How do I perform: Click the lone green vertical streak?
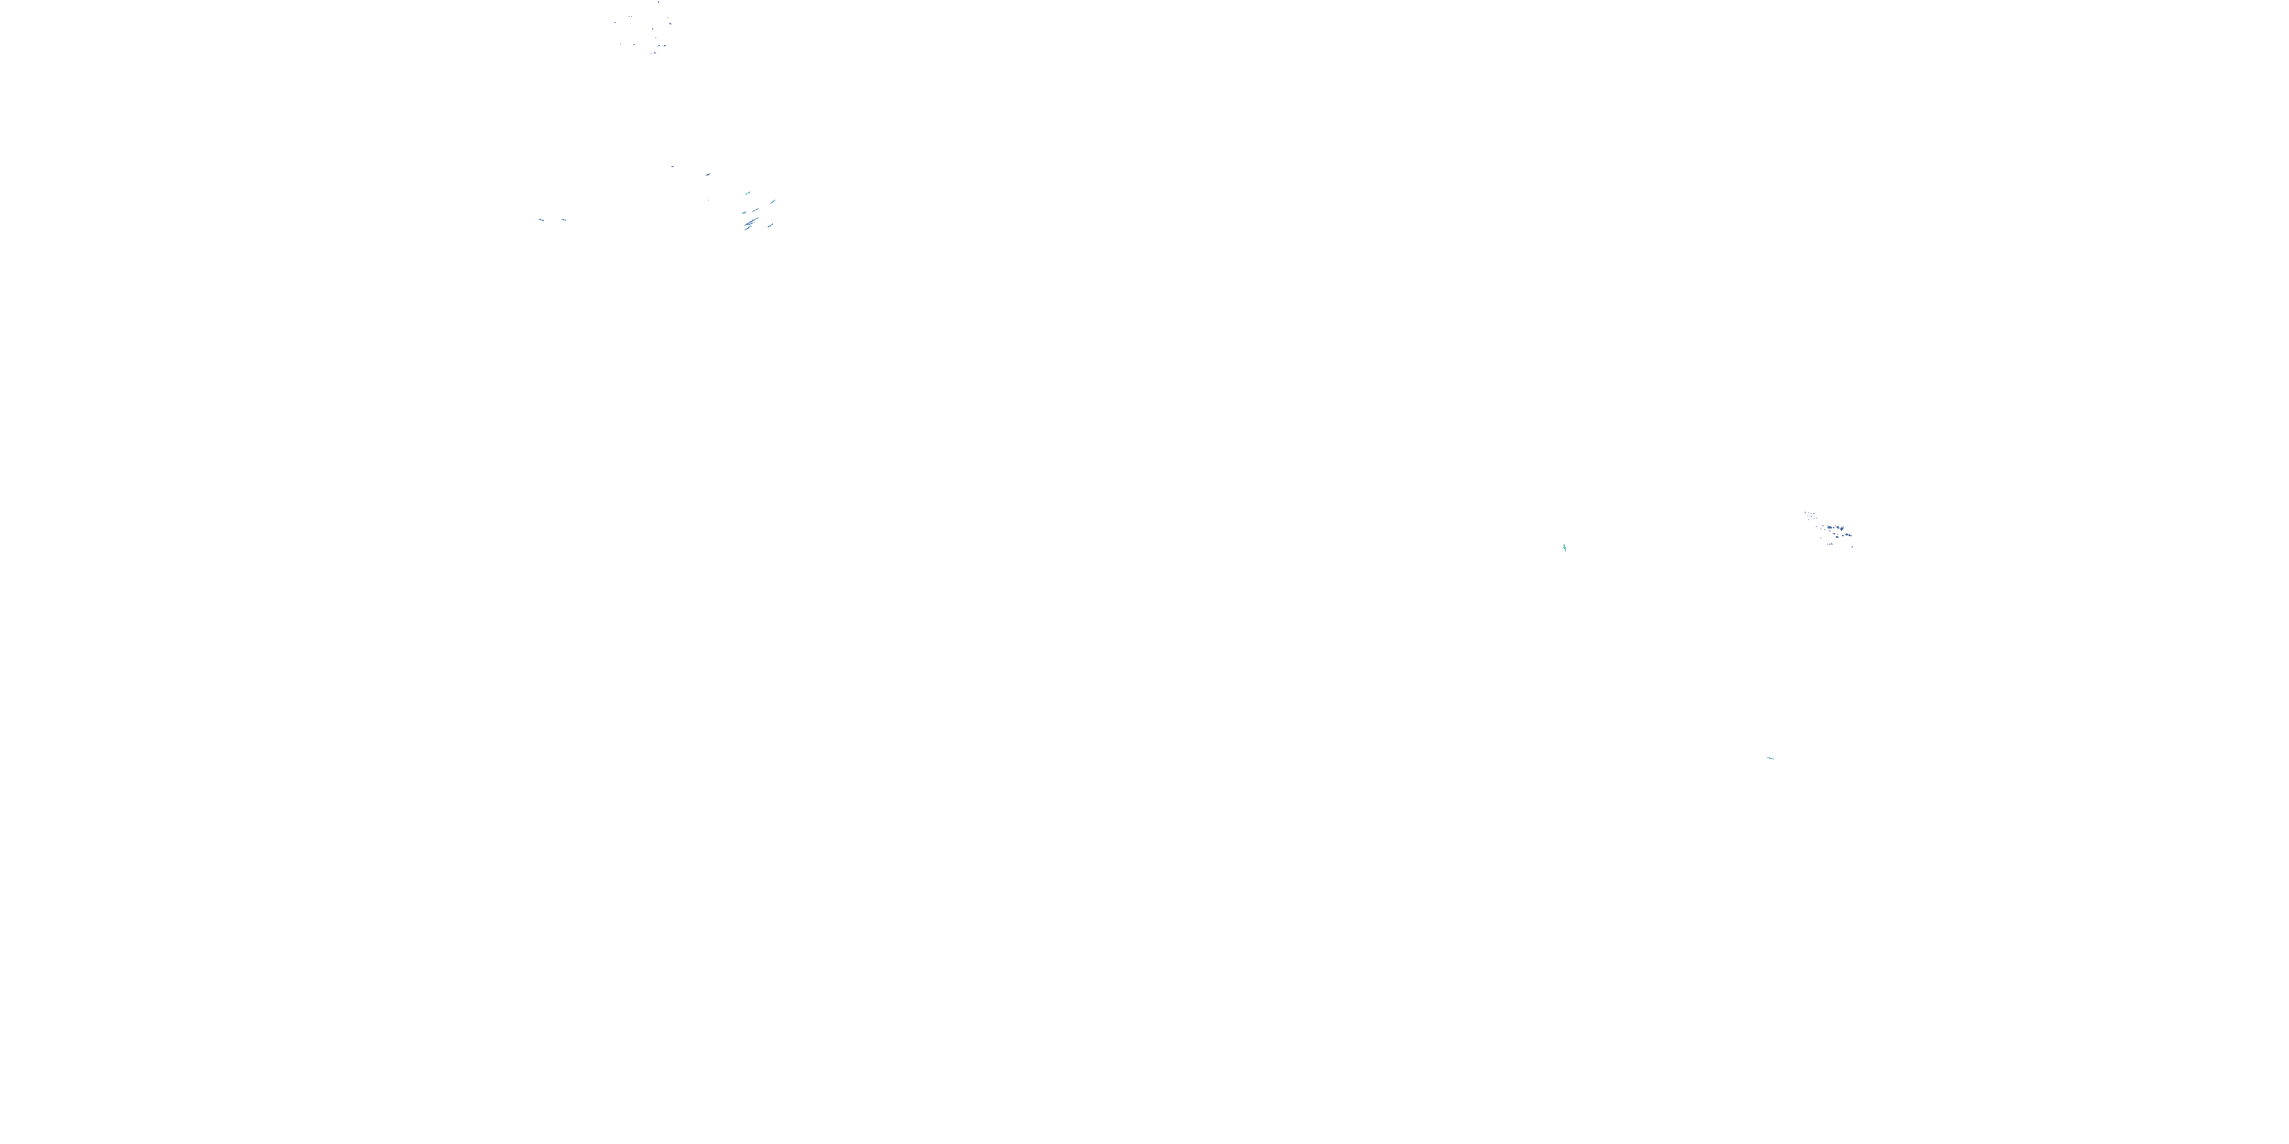1564,547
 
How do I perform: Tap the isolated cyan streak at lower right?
1770,757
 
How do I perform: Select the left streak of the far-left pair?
540,220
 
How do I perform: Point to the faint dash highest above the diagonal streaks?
673,167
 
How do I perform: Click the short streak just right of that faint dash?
708,175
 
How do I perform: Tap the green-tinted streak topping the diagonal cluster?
749,194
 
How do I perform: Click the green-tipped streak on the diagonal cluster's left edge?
744,214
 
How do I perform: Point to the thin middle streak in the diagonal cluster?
755,210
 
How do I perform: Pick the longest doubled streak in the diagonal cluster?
752,222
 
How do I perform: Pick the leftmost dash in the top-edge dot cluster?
616,22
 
